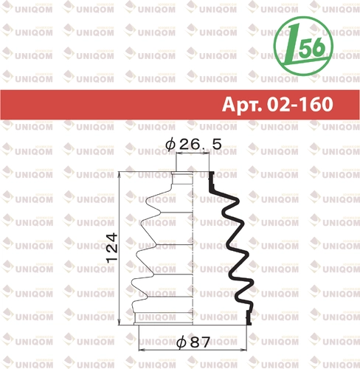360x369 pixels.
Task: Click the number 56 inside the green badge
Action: point(312,47)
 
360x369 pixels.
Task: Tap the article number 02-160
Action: point(300,104)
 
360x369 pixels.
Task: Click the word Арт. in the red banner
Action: point(242,105)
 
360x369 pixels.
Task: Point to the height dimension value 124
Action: point(112,248)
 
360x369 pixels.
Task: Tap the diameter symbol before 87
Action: point(182,342)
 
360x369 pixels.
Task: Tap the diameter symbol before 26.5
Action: point(170,145)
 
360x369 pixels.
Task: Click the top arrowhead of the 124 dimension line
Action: point(120,173)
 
